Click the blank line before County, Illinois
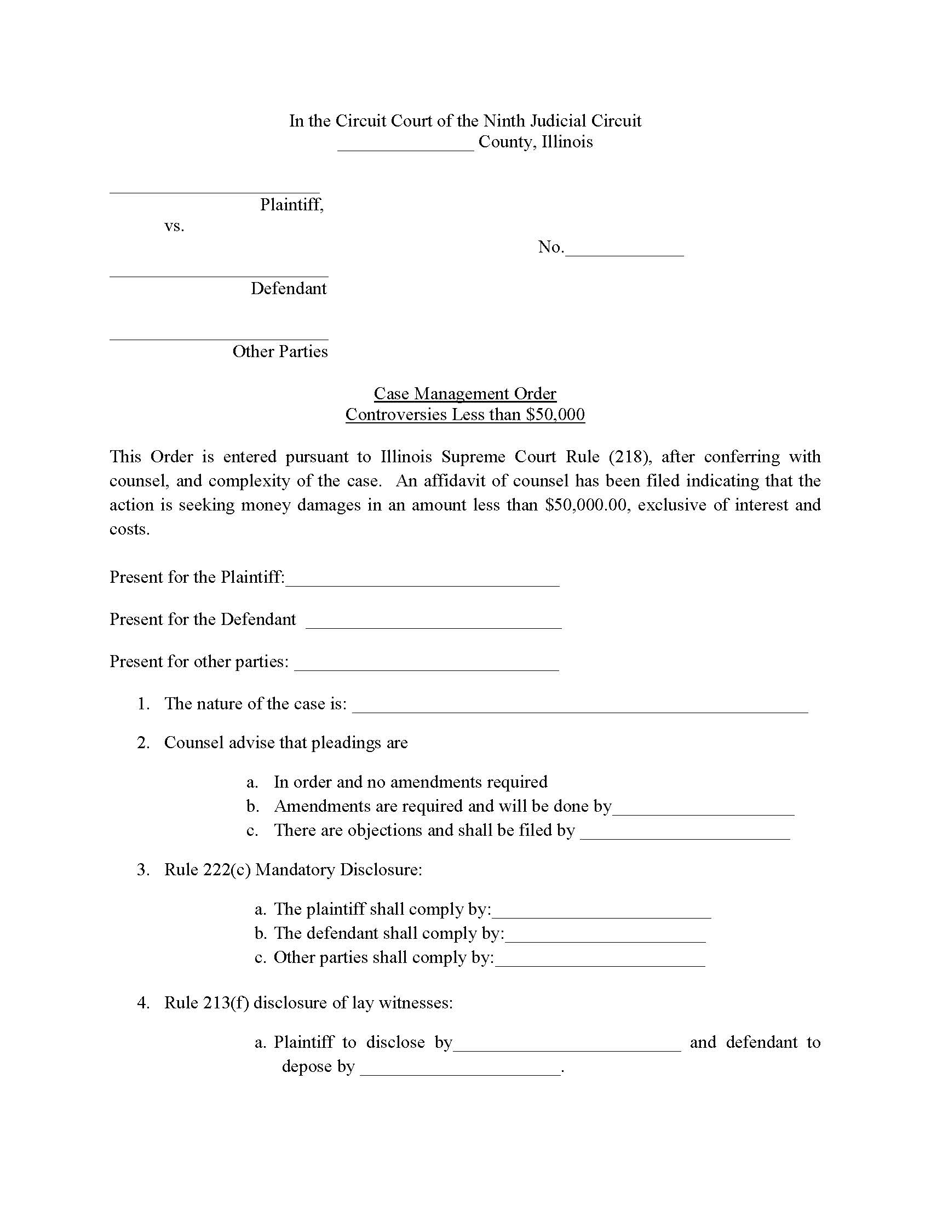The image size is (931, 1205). (405, 145)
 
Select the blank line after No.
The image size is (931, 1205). (624, 250)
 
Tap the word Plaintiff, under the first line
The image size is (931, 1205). (292, 205)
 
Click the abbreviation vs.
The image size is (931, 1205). (174, 226)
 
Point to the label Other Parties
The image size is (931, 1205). (280, 352)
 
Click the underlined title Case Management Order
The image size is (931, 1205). (465, 393)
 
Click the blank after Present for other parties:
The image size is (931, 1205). (426, 665)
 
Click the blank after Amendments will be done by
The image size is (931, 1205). (703, 810)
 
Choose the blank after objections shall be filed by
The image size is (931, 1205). (685, 834)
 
